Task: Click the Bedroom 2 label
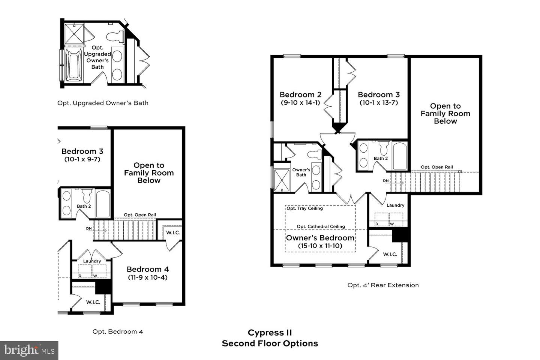coord(300,94)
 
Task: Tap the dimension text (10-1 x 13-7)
coord(379,103)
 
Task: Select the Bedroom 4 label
coord(147,269)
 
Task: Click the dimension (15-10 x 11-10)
coord(320,246)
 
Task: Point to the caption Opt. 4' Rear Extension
coord(383,285)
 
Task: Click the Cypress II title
coord(270,333)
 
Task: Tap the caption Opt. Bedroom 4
coord(118,332)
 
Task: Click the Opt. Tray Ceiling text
coord(305,208)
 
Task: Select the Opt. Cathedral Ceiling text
coord(321,226)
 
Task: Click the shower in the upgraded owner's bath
coord(74,34)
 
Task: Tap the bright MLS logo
coord(29,350)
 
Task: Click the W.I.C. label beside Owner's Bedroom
coord(390,254)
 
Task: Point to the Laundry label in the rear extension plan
coord(395,205)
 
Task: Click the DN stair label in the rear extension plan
coord(386,181)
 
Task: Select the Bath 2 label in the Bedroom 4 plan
coord(84,206)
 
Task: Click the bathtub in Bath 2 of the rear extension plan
coord(400,156)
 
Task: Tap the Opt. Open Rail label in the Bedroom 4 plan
coord(140,215)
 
